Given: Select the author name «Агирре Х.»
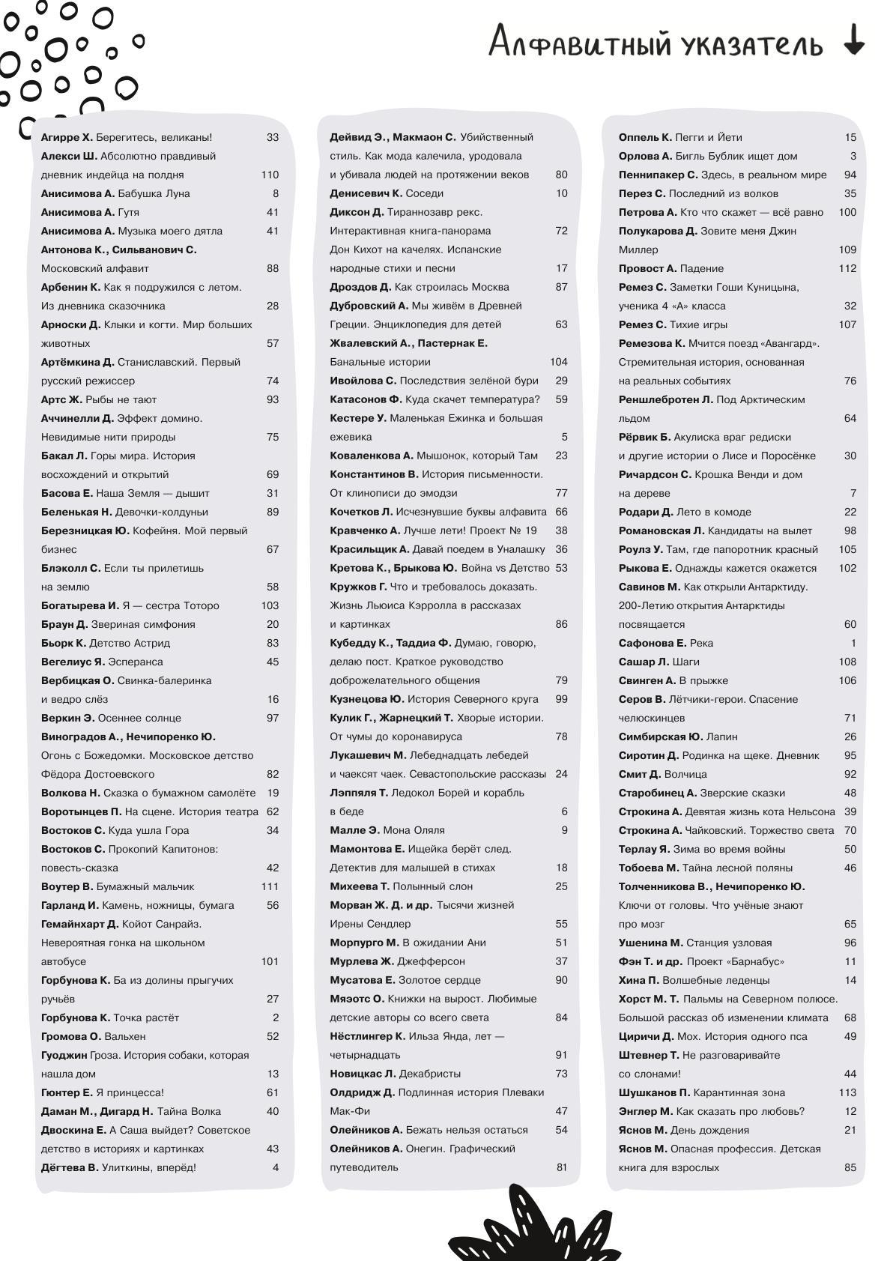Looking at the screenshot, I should click(67, 137).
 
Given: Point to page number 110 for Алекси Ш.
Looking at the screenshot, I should click(270, 175).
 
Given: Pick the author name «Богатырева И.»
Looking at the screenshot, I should click(80, 605).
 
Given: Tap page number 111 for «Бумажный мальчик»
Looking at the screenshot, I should click(270, 886).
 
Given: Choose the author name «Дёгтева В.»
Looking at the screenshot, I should click(70, 1167).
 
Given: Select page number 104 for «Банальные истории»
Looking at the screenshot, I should click(559, 362).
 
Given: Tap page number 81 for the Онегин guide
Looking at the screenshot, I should click(562, 1167).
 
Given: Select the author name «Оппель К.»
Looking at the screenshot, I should click(645, 137).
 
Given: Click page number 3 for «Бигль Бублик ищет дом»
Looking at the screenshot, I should click(853, 156).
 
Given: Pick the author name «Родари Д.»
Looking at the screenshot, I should click(646, 512).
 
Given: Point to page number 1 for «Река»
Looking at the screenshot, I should click(853, 643).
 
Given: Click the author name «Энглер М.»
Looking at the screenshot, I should click(646, 1111).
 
